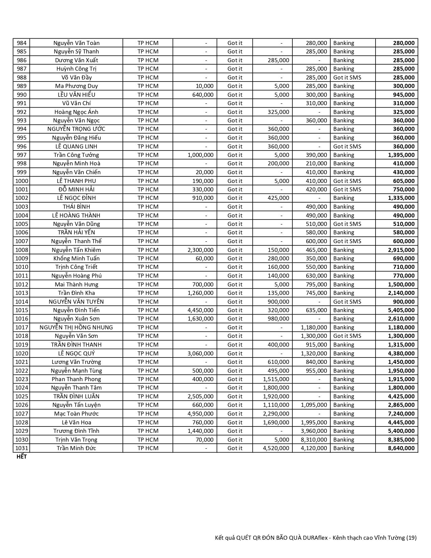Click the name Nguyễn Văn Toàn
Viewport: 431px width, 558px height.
click(76, 43)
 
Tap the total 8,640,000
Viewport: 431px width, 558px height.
click(401, 448)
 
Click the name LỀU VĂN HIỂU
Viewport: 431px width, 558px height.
click(76, 95)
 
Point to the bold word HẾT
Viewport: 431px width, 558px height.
click(22, 457)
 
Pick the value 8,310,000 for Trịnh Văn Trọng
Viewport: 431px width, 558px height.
click(314, 440)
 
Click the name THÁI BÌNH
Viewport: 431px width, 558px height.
click(76, 207)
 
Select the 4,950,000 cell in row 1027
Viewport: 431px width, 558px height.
click(200, 414)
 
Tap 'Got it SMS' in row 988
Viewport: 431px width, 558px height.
click(347, 77)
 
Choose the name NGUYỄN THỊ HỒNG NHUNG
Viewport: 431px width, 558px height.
click(76, 327)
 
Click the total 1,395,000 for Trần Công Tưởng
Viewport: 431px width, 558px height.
click(401, 155)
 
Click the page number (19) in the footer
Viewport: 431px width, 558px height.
click(411, 538)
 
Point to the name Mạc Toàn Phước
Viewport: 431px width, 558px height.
click(76, 414)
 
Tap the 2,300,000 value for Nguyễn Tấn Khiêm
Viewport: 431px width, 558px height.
click(200, 250)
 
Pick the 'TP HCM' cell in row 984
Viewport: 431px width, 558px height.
click(148, 43)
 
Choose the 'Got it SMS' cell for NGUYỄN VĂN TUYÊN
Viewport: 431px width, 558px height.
click(347, 302)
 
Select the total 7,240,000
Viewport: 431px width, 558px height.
click(401, 414)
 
